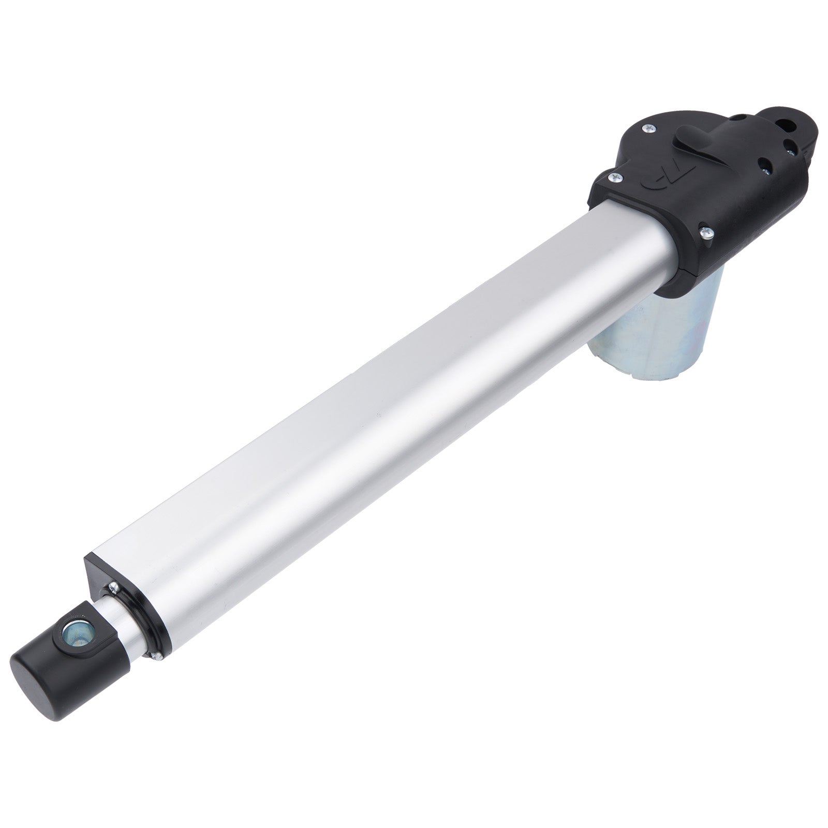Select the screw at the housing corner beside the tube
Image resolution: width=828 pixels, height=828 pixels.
point(614,178)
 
